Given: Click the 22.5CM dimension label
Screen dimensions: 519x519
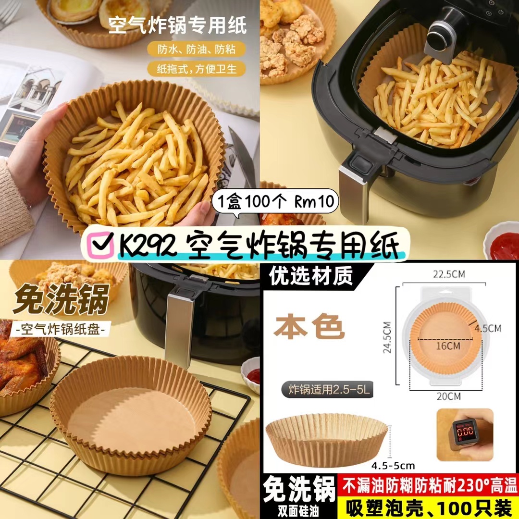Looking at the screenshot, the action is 449,274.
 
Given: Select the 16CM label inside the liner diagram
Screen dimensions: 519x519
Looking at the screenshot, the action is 448,346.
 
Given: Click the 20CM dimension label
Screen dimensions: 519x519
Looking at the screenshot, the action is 448,396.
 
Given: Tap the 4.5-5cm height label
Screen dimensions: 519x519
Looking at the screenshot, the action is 393,466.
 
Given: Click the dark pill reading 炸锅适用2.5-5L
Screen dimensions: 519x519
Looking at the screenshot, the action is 327,390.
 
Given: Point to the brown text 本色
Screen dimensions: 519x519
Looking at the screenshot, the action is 309,327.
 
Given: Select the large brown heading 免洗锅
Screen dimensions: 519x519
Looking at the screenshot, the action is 61,299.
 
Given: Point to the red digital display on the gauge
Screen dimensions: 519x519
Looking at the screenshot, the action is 464,431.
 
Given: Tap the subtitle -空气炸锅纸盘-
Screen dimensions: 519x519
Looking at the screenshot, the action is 60,330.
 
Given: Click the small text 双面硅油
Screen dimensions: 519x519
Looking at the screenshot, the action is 298,512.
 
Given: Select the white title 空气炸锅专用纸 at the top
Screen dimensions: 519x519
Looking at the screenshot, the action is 178,25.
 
